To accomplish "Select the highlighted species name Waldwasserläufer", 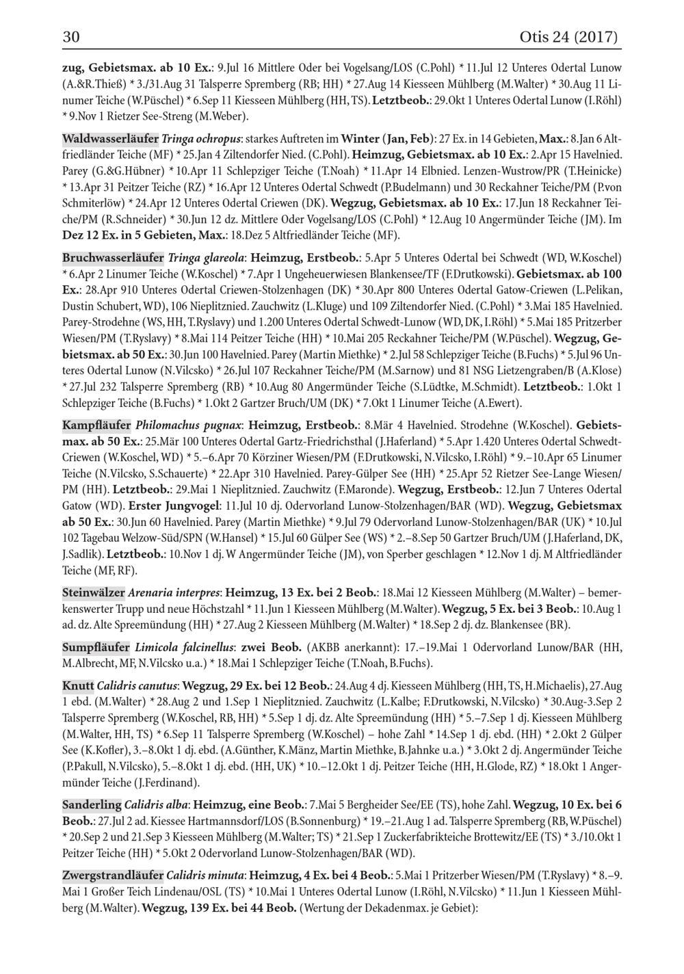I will (x=110, y=139).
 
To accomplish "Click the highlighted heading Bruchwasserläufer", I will (x=113, y=258).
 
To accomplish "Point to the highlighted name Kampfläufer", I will (x=96, y=425).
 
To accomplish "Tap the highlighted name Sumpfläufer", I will (x=96, y=646).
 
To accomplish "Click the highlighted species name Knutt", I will (x=78, y=685).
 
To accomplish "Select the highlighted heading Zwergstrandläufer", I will (x=113, y=875).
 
